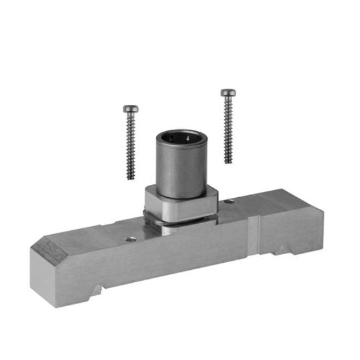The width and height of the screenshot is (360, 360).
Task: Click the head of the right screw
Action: [x=226, y=93]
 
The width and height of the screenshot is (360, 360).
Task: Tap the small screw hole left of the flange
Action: [x=132, y=239]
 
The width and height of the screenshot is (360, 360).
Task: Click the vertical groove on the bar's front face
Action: [x=255, y=237]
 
